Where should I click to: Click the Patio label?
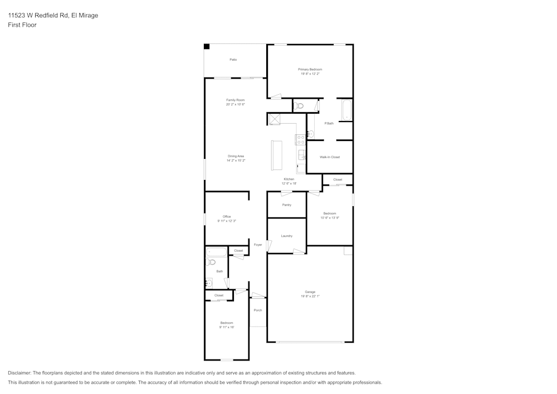(x=233, y=60)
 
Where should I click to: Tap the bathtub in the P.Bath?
(x=346, y=110)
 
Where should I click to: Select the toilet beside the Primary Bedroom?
(x=299, y=105)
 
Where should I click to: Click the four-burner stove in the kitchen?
(x=300, y=139)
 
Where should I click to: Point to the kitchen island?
(x=276, y=155)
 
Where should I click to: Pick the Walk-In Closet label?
(x=329, y=157)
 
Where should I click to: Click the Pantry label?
(x=286, y=205)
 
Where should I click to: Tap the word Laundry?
(x=286, y=236)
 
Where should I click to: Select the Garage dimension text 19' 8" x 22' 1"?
(x=310, y=296)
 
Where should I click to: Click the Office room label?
(x=227, y=217)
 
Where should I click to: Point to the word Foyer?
(x=258, y=245)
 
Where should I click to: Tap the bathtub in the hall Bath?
(x=216, y=252)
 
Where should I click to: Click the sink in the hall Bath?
(x=209, y=283)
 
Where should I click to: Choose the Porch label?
(x=257, y=310)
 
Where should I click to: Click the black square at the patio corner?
(x=207, y=47)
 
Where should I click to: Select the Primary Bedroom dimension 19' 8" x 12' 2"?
(x=310, y=74)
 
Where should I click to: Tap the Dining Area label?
(x=236, y=156)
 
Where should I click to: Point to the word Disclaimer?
(x=19, y=373)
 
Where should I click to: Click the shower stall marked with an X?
(x=274, y=119)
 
